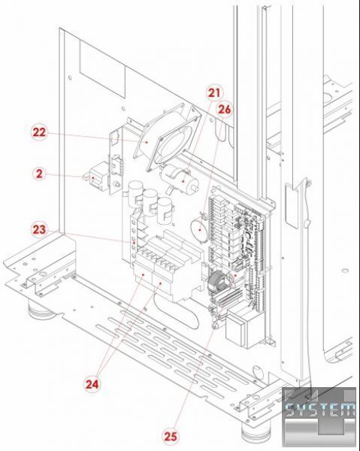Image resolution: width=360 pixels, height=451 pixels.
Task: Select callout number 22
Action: (39, 132)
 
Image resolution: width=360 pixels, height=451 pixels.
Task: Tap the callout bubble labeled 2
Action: (39, 174)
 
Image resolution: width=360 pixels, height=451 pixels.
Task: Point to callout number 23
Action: (39, 230)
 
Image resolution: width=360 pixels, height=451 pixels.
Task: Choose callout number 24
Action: (92, 384)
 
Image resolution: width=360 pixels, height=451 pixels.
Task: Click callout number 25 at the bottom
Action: (170, 436)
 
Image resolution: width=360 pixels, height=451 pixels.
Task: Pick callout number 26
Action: (225, 110)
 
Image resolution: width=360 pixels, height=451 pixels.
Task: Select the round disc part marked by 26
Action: (198, 229)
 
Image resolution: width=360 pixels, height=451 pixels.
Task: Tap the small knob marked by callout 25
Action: (215, 325)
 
